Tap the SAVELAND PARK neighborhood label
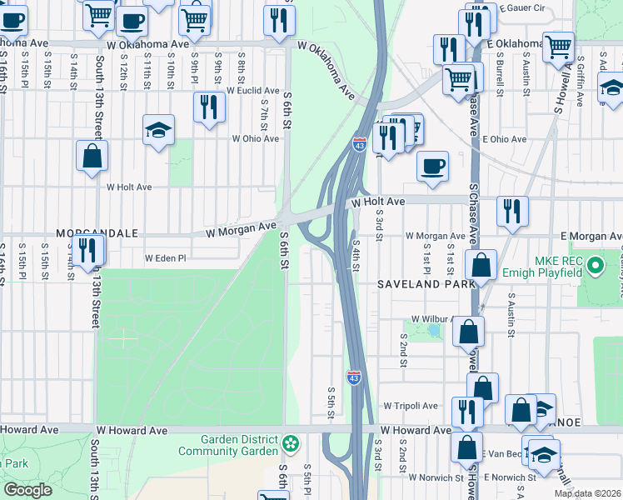(x=426, y=283)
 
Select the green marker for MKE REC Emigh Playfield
(x=595, y=267)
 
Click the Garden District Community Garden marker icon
(x=290, y=442)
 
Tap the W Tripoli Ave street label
(x=411, y=406)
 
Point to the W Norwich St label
(x=436, y=477)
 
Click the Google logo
(x=27, y=490)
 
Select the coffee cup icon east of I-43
(x=431, y=166)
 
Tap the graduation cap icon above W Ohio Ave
(x=157, y=130)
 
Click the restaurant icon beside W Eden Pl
(x=87, y=250)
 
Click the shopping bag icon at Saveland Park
(x=481, y=267)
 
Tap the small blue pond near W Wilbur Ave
(x=433, y=331)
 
